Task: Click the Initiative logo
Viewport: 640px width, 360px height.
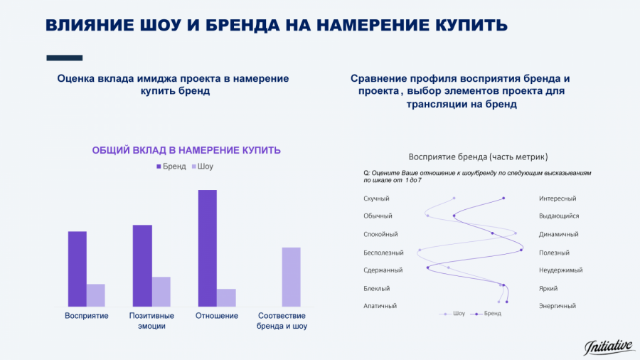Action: click(609, 346)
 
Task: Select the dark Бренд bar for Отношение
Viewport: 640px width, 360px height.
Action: click(207, 248)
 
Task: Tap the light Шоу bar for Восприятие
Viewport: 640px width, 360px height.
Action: click(96, 295)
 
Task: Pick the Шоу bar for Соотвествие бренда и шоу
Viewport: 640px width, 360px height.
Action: click(291, 277)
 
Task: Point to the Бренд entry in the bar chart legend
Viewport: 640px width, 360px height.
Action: click(171, 166)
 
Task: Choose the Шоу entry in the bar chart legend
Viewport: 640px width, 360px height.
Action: click(201, 166)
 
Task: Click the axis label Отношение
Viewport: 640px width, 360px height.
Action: click(216, 316)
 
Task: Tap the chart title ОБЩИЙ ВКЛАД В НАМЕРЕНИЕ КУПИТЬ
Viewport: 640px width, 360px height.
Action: click(186, 150)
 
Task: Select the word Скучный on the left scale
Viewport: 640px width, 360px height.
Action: click(376, 198)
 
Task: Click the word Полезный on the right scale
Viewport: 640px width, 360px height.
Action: click(554, 253)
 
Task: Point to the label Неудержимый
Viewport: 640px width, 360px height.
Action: click(560, 270)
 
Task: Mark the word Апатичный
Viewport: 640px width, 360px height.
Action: click(380, 306)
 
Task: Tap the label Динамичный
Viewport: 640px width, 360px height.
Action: click(558, 234)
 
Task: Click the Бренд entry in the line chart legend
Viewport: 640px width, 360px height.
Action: click(489, 314)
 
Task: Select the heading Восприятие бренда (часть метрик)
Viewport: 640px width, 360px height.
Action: click(478, 157)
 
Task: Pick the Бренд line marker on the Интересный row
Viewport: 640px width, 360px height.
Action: click(503, 198)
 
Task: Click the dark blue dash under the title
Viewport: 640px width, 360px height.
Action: click(64, 58)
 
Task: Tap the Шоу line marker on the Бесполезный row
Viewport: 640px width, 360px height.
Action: click(420, 250)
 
